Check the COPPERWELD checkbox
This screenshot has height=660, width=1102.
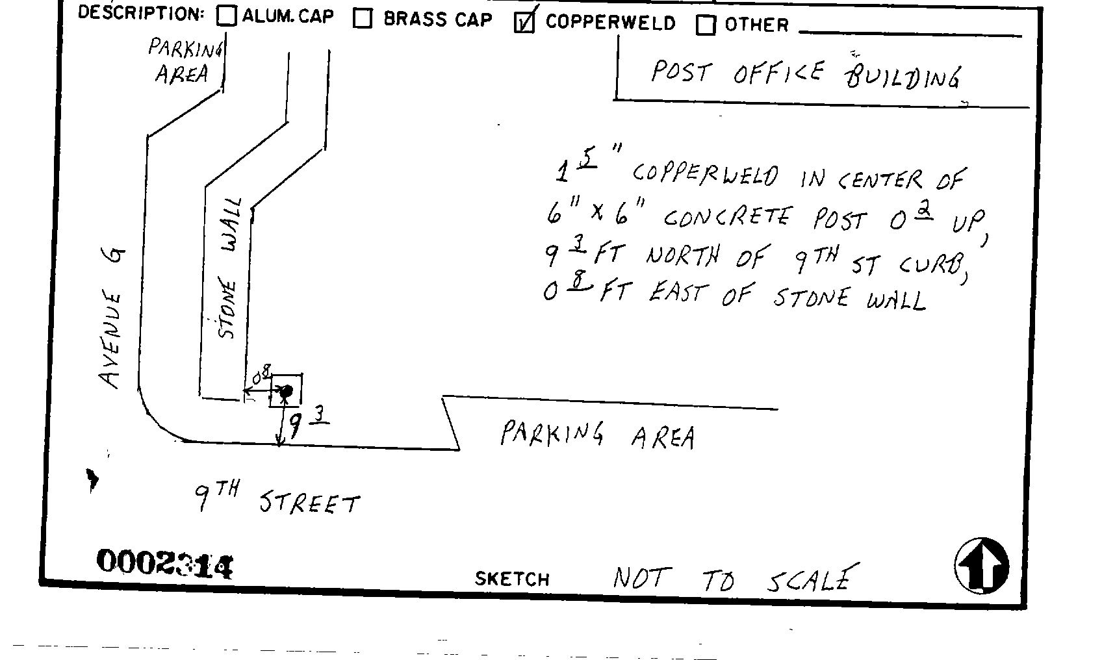tap(524, 23)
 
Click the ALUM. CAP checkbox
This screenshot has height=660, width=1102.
tap(227, 16)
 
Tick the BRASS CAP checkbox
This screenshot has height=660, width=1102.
tap(363, 19)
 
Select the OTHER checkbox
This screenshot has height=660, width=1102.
tap(706, 25)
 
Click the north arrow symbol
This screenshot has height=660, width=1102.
tap(982, 565)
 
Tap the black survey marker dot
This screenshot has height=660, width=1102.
tap(286, 391)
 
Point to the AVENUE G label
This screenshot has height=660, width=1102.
tap(112, 318)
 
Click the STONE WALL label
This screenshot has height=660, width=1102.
tap(229, 268)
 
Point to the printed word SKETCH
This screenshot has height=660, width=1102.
tap(512, 579)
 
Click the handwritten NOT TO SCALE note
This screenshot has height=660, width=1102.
tap(732, 578)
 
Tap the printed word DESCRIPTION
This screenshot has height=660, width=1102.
tap(140, 13)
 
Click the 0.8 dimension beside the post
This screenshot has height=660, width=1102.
tap(261, 376)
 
